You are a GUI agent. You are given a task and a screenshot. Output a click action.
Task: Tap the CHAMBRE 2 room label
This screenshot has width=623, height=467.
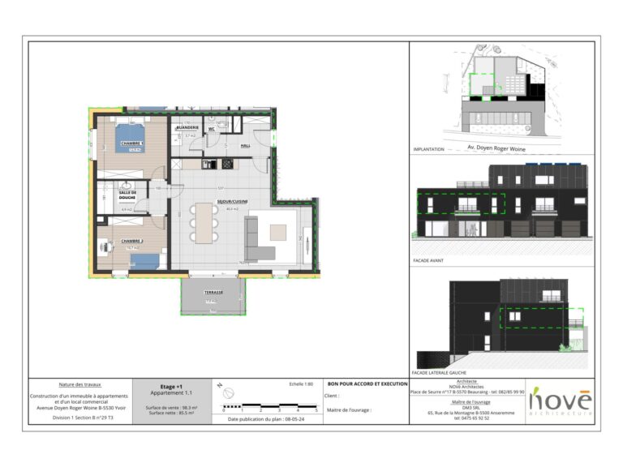click(132, 241)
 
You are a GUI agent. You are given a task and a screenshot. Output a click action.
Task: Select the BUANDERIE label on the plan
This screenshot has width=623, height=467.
click(187, 128)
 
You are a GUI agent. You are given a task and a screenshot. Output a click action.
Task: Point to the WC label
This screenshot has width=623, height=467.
click(211, 129)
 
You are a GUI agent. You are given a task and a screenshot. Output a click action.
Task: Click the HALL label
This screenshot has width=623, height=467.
click(245, 146)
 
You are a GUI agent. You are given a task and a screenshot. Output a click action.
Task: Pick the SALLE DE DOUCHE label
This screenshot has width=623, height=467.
click(127, 195)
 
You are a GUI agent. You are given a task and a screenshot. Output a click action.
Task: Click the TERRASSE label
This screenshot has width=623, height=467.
click(213, 292)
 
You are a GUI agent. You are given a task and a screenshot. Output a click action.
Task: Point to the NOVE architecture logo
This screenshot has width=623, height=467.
click(561, 401)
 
